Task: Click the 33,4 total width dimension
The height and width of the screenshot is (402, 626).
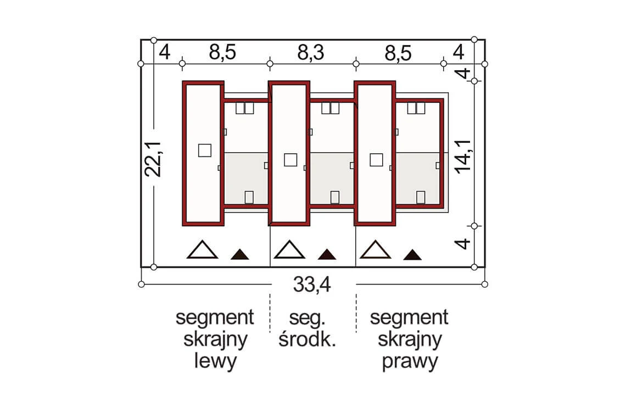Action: [x=312, y=285]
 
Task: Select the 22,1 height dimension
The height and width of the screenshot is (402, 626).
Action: [x=153, y=159]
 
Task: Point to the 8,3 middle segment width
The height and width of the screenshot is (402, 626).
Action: [x=311, y=53]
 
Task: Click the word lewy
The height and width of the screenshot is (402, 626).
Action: [x=215, y=361]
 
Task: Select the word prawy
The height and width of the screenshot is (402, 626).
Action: [x=410, y=361]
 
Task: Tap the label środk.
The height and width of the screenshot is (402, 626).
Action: [x=307, y=339]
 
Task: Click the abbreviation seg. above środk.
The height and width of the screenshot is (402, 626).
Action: [x=307, y=319]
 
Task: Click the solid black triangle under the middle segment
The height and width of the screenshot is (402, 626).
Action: [x=327, y=254]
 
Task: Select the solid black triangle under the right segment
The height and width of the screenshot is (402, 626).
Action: [x=412, y=255]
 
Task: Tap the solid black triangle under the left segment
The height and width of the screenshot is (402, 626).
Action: [x=239, y=254]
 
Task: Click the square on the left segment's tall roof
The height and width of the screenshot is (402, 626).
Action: [x=205, y=150]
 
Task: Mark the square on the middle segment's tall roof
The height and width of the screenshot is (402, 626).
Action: [x=290, y=160]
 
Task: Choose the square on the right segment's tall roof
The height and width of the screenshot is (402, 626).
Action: [x=377, y=160]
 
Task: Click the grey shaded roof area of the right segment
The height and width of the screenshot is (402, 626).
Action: [x=418, y=178]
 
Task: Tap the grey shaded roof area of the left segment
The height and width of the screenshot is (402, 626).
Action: [x=246, y=178]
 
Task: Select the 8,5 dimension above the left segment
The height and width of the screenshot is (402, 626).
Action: [x=222, y=53]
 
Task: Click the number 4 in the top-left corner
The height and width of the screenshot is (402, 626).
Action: [x=165, y=52]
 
